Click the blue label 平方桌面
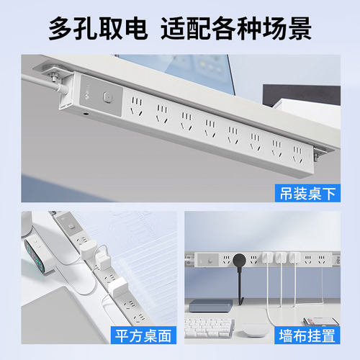click(x=143, y=335)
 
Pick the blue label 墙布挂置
click(x=307, y=335)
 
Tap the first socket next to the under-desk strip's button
click(x=137, y=107)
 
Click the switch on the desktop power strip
click(x=76, y=229)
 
